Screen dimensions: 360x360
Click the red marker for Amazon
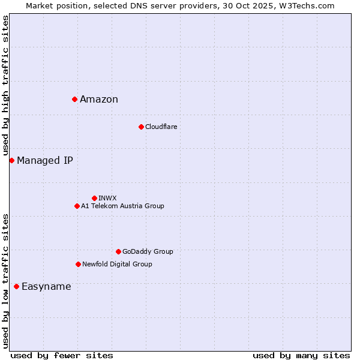pyautogui.click(x=74, y=99)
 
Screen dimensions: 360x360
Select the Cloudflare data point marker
pyautogui.click(x=141, y=127)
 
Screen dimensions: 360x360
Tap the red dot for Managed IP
pyautogui.click(x=11, y=160)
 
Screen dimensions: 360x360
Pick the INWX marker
pyautogui.click(x=94, y=198)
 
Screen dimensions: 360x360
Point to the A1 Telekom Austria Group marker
pyautogui.click(x=77, y=206)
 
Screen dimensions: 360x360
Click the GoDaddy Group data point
pyautogui.click(x=118, y=251)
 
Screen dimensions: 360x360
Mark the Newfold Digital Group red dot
pyautogui.click(x=78, y=264)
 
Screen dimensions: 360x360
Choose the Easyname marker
pyautogui.click(x=16, y=286)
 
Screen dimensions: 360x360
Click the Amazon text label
pyautogui.click(x=99, y=100)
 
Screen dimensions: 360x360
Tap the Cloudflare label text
pyautogui.click(x=161, y=127)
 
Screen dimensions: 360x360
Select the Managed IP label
pyautogui.click(x=45, y=160)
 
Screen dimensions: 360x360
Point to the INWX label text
pyautogui.click(x=107, y=198)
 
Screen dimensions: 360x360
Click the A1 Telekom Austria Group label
pyautogui.click(x=122, y=206)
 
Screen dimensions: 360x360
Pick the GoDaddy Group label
pyautogui.click(x=148, y=251)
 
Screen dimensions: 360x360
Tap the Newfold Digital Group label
pyautogui.click(x=117, y=264)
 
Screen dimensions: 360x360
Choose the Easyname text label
pyautogui.click(x=46, y=287)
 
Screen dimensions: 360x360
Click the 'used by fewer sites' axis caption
pyautogui.click(x=62, y=355)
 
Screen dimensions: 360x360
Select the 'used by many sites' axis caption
pyautogui.click(x=301, y=355)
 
